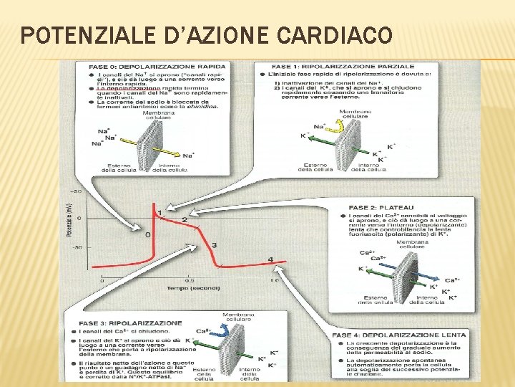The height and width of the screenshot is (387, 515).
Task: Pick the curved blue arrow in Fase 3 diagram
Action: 224,331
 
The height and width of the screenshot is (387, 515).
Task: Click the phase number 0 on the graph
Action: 148,234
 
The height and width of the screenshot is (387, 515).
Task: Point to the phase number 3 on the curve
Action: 214,246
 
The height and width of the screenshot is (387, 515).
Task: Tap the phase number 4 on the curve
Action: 270,259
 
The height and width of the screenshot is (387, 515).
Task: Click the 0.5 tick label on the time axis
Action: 189,280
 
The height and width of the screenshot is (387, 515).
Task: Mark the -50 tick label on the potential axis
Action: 75,248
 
